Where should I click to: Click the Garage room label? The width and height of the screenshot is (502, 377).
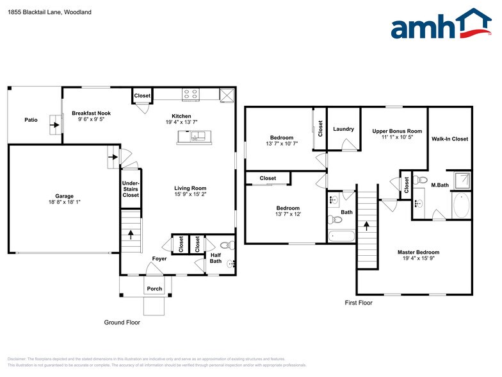(x=64, y=197)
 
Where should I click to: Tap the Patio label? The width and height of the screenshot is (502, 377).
(x=31, y=119)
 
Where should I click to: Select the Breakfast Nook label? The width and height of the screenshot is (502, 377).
(x=91, y=112)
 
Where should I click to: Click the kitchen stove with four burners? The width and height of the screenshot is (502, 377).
(x=190, y=94)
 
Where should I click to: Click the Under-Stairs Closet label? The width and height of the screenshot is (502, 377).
(x=131, y=189)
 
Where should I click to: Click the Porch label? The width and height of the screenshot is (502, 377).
(x=154, y=289)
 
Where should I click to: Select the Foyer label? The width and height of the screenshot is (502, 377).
(x=159, y=259)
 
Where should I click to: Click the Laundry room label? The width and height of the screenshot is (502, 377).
(x=343, y=129)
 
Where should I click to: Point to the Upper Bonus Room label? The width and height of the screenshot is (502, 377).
(x=397, y=131)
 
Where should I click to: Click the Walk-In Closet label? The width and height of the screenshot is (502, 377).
(x=449, y=138)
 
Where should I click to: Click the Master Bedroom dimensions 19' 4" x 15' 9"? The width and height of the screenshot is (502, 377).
(x=419, y=259)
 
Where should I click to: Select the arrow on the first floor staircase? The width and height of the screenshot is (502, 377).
(x=366, y=226)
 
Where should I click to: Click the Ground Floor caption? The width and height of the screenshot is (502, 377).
(x=122, y=323)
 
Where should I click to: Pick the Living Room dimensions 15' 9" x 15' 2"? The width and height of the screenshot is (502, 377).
(x=190, y=194)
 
